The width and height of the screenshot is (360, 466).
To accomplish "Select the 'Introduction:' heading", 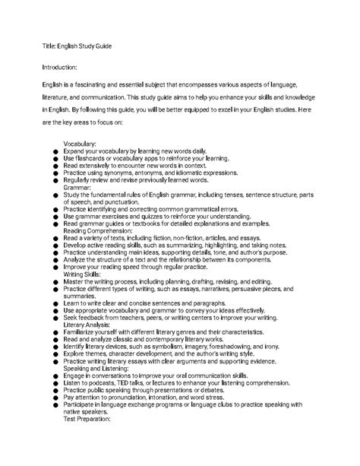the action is (65, 67).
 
